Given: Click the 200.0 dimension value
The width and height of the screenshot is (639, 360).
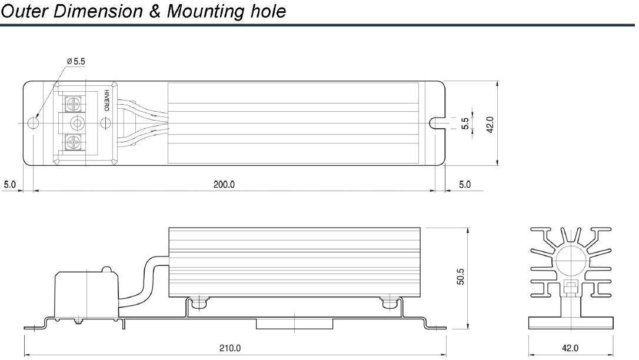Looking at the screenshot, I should click(224, 185).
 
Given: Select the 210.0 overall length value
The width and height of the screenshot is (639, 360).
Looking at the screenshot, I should click(229, 348).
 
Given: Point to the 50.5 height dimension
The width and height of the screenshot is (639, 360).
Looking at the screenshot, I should click(461, 278).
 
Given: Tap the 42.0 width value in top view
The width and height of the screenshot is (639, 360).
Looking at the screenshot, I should click(490, 124).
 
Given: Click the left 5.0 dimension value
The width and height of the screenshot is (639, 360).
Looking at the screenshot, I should click(10, 185).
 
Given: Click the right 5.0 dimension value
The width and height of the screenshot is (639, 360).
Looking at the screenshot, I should click(465, 185).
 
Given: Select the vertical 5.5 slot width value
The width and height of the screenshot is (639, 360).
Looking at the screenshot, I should click(465, 124).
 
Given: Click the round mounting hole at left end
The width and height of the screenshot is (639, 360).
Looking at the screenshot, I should click(34, 123).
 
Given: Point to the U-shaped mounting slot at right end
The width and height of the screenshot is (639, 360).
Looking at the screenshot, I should click(436, 123).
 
